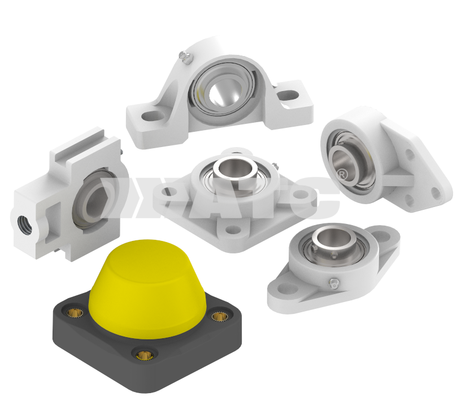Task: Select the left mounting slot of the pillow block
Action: [151, 117]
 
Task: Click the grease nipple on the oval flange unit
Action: [333, 283]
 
